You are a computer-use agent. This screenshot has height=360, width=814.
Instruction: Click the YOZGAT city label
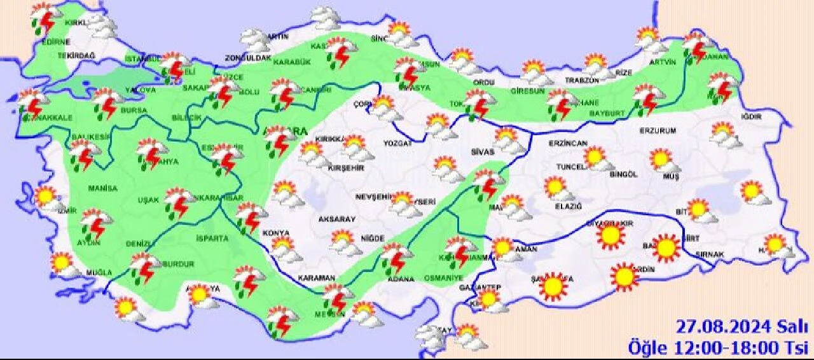(x=397, y=144)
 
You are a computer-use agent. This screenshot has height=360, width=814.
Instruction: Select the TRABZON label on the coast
(x=583, y=81)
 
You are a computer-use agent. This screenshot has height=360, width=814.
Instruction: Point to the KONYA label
(x=276, y=233)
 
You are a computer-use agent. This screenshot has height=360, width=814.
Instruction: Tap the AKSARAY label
(x=336, y=219)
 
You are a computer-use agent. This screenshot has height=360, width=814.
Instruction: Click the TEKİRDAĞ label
(x=76, y=56)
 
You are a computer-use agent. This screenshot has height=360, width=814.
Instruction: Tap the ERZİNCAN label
(x=568, y=144)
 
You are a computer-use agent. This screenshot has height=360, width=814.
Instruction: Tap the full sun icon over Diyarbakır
(x=610, y=235)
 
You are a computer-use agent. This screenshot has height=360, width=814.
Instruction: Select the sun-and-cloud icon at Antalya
(x=199, y=294)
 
